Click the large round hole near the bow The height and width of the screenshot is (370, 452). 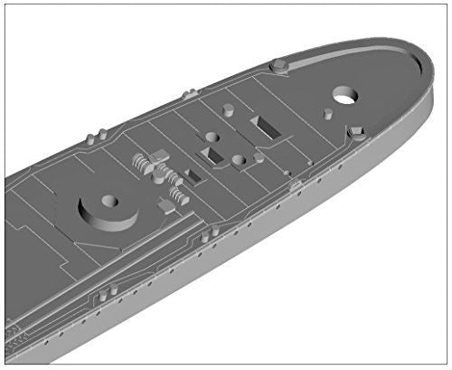pyautogui.click(x=344, y=95)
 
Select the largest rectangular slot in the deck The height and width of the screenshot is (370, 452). pyautogui.click(x=268, y=128)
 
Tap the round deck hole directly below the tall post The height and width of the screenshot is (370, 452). pyautogui.click(x=212, y=138)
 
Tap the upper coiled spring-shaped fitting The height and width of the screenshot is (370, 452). pyautogui.click(x=145, y=164)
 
